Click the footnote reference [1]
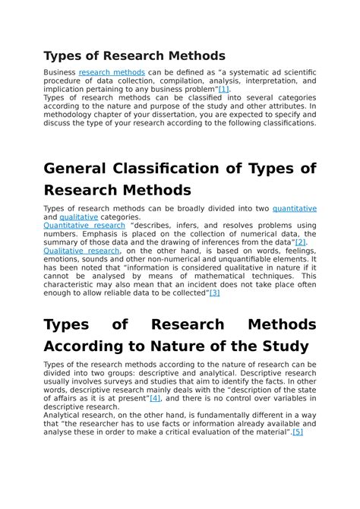point(223,89)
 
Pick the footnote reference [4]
point(155,398)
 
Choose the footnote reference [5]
point(297,432)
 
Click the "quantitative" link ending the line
point(294,208)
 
